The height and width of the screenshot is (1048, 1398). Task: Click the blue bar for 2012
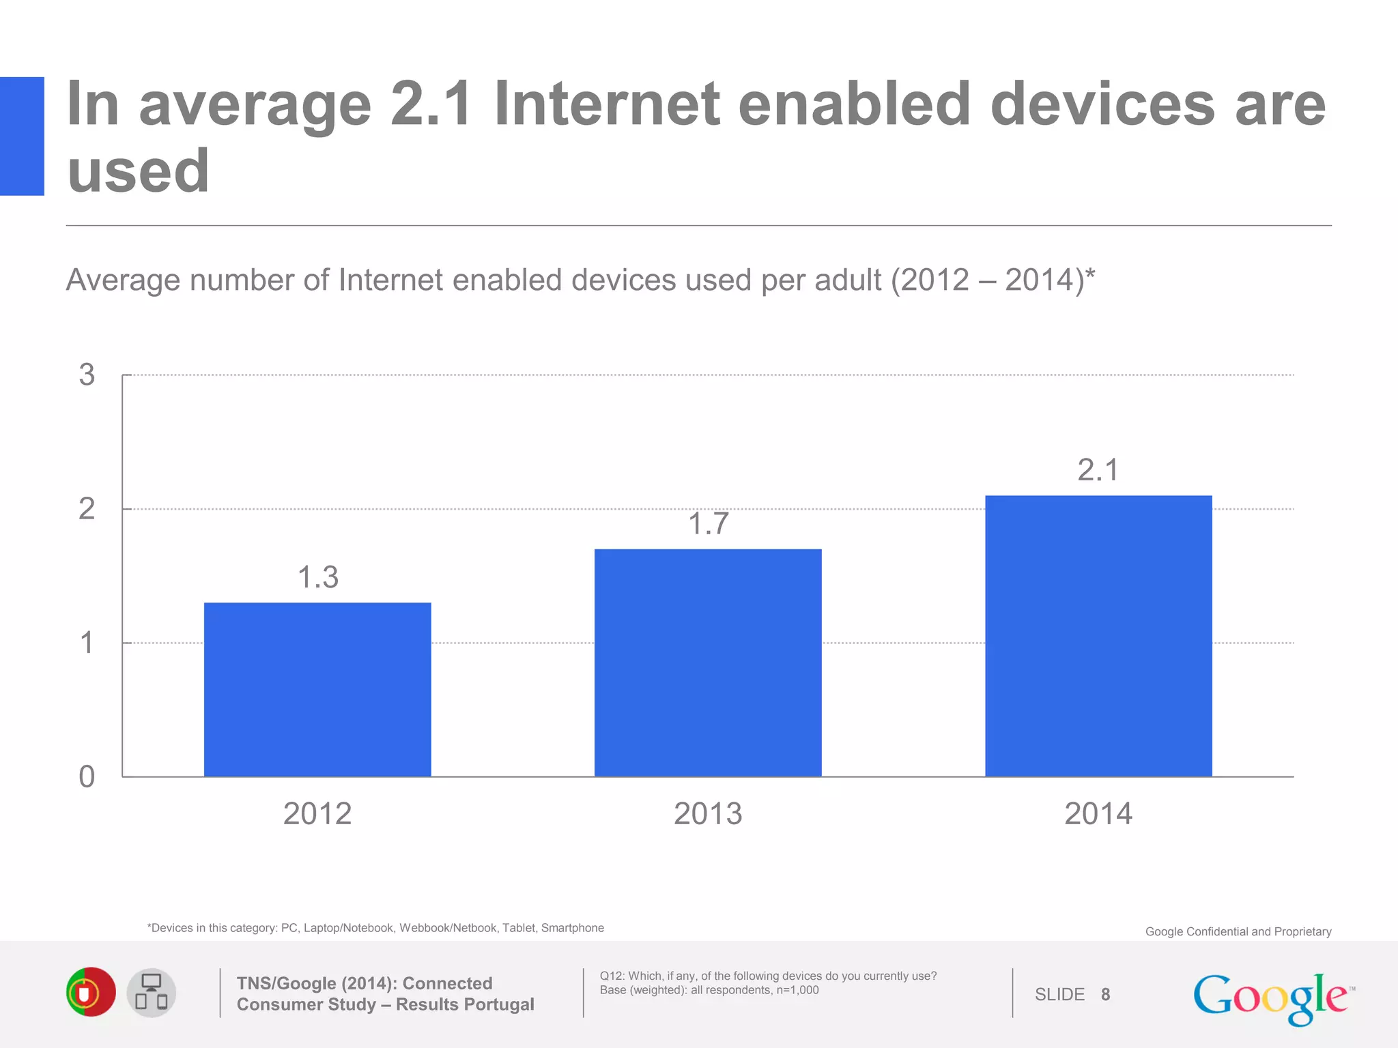[317, 689]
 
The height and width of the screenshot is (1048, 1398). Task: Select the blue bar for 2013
[708, 663]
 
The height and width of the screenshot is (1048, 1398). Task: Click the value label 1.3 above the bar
[317, 577]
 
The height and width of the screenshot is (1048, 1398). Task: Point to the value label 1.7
[708, 524]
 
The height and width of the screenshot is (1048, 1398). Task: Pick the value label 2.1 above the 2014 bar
[1098, 470]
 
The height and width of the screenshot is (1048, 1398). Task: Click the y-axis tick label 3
[87, 375]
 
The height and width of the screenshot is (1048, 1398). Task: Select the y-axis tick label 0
[87, 777]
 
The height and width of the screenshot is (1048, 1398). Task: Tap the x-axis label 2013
[708, 813]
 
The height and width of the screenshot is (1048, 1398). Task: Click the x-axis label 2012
[317, 813]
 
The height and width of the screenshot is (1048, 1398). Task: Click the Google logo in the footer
[1272, 998]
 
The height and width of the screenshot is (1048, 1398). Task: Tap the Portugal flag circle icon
[91, 992]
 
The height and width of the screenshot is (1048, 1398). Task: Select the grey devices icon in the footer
[152, 993]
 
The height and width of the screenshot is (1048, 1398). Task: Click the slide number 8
[1105, 995]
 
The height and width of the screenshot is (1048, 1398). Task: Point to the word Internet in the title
[607, 104]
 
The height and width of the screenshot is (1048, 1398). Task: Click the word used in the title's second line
[138, 171]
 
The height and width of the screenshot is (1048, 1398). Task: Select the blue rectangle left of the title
[22, 136]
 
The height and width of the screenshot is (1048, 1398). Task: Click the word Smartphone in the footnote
[572, 928]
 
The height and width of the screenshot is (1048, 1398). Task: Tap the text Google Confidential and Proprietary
[1238, 932]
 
